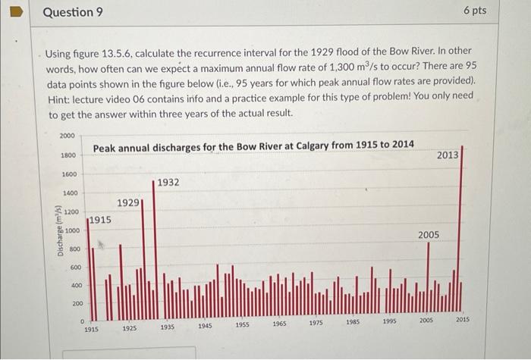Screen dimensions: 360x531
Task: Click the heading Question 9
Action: pyautogui.click(x=73, y=13)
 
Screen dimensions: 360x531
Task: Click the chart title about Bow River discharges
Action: pyautogui.click(x=253, y=146)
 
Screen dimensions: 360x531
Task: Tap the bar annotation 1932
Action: pyautogui.click(x=168, y=183)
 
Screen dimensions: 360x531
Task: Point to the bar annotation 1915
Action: pyautogui.click(x=99, y=221)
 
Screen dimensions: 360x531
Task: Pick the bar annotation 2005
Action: pyautogui.click(x=428, y=235)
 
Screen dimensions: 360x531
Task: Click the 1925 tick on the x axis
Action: pyautogui.click(x=129, y=329)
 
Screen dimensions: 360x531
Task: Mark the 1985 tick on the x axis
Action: pyautogui.click(x=352, y=322)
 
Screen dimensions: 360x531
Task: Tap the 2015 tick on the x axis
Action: pyautogui.click(x=463, y=320)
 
